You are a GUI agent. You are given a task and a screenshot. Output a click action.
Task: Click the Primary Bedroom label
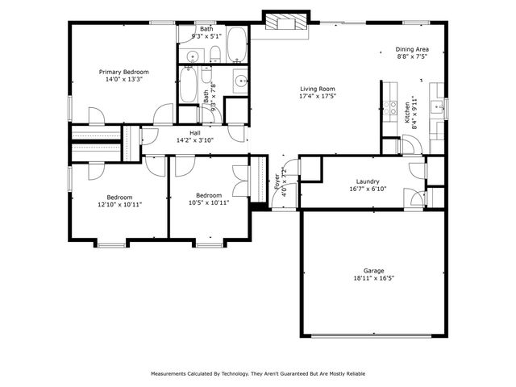[123, 72]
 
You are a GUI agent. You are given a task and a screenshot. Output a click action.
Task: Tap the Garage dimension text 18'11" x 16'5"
[372, 278]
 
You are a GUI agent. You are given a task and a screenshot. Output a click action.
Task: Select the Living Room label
[318, 89]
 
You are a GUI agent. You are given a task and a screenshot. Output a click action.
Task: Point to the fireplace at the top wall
[285, 23]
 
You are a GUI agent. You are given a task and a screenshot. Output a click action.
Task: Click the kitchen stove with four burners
[393, 106]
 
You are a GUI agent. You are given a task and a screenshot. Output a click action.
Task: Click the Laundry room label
[367, 181]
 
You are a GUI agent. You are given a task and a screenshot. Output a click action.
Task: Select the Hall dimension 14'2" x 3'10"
[194, 140]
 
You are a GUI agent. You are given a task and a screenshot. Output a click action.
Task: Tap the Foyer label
[276, 180]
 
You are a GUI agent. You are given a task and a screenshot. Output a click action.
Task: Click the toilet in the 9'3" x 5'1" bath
[215, 53]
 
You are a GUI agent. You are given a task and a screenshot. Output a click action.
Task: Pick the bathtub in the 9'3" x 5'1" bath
[237, 45]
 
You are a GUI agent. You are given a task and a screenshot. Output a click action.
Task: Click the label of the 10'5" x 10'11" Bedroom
[209, 195]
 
